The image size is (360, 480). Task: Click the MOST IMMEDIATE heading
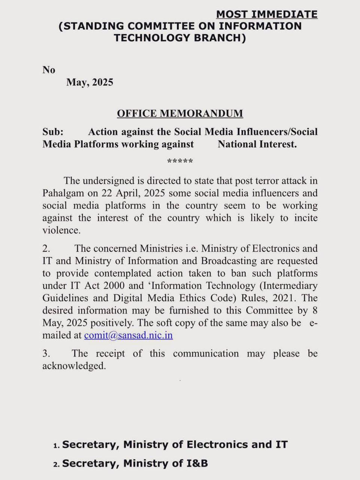pos(267,14)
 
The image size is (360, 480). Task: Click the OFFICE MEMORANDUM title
pos(180,113)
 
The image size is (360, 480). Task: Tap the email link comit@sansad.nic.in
pos(128,335)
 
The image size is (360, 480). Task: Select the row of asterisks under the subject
pos(180,162)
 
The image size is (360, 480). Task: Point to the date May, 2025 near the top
pos(90,82)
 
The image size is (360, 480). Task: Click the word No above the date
pos(49,70)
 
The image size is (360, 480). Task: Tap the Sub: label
pos(53,132)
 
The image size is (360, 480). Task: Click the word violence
pos(61,230)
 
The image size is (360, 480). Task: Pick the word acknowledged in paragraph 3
pos(74,366)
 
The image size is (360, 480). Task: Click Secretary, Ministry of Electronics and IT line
pos(175,445)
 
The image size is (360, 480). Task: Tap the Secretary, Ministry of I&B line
pos(135,463)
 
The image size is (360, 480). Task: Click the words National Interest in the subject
pos(257,144)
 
